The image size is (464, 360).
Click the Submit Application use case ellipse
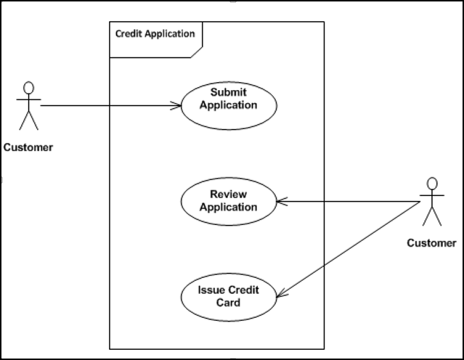pyautogui.click(x=229, y=105)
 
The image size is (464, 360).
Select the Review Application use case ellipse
pyautogui.click(x=229, y=201)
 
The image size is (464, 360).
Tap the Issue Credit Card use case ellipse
pyautogui.click(x=229, y=296)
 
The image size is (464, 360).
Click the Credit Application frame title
pyautogui.click(x=155, y=33)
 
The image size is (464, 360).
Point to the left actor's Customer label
pyautogui.click(x=28, y=147)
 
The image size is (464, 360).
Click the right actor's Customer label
pyautogui.click(x=431, y=243)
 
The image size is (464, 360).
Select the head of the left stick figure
pyautogui.click(x=28, y=87)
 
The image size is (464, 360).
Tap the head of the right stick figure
pyautogui.click(x=432, y=183)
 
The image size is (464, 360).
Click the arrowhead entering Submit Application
pyautogui.click(x=176, y=106)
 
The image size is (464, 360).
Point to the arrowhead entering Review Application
pyautogui.click(x=282, y=202)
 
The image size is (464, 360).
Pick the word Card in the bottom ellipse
pyautogui.click(x=229, y=303)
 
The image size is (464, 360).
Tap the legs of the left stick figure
pyautogui.click(x=28, y=120)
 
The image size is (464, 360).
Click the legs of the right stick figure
pyautogui.click(x=432, y=216)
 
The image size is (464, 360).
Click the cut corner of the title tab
pyautogui.click(x=197, y=52)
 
